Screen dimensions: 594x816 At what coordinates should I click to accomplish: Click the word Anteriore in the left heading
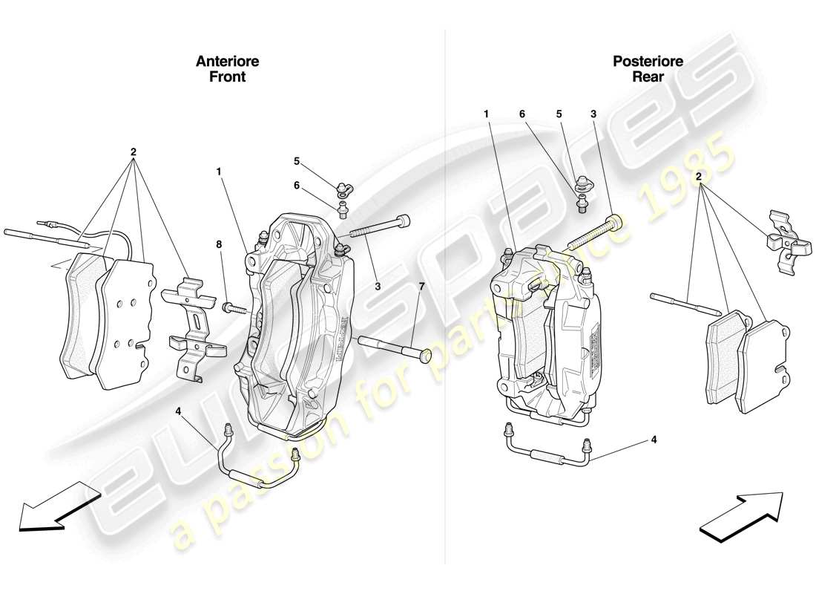click(x=227, y=62)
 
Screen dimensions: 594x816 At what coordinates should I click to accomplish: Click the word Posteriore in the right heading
click(x=648, y=62)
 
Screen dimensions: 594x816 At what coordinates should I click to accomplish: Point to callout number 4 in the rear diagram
click(x=654, y=439)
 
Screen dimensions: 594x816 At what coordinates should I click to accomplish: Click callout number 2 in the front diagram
click(x=134, y=152)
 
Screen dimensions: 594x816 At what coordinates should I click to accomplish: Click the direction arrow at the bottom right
click(x=742, y=514)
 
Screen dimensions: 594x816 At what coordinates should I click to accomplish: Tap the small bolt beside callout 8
click(x=231, y=306)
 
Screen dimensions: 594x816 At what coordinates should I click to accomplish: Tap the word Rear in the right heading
click(x=648, y=76)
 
